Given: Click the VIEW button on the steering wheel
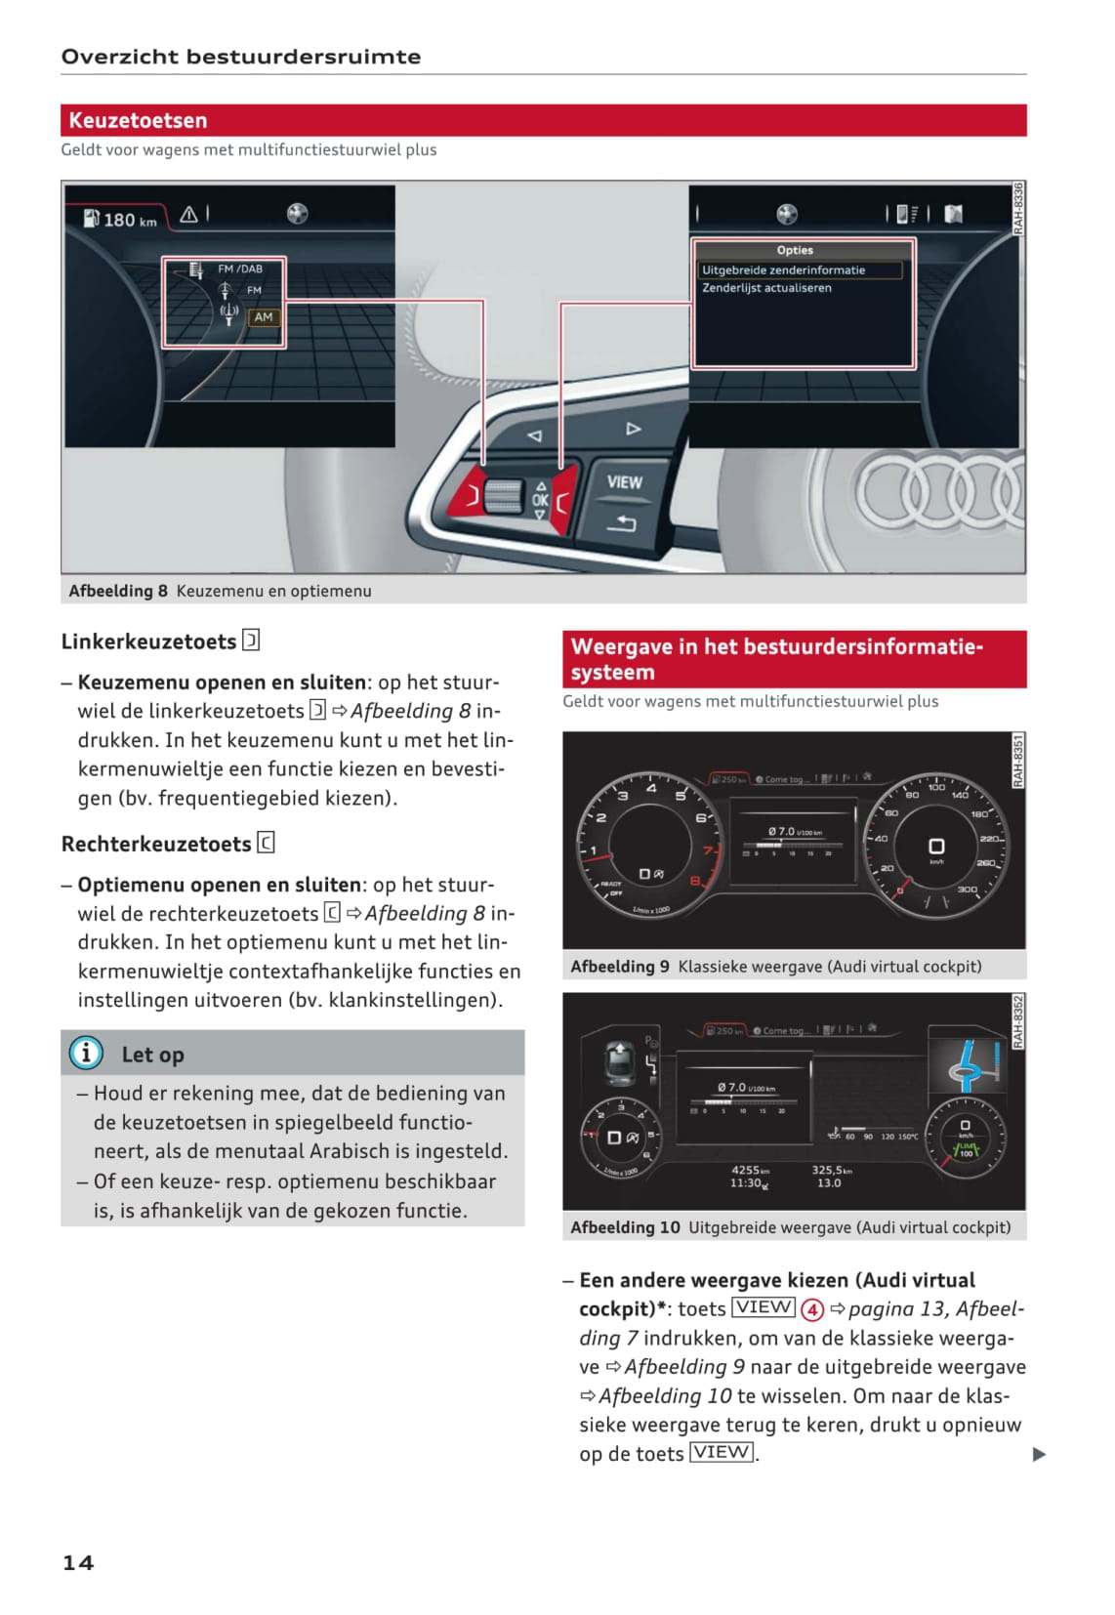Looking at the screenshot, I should coord(624,482).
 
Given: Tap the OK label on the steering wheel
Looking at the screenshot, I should coord(540,500).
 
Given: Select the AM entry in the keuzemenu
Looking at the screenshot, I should coord(263,317).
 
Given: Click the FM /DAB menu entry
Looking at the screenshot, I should coord(239,269).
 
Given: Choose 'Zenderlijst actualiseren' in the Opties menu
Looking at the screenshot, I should coord(766,288).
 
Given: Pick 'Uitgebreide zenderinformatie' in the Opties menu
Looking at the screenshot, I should coord(783,270).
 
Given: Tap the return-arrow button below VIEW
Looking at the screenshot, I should coord(621,524).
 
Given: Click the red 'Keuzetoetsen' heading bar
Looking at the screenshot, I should coord(543,120).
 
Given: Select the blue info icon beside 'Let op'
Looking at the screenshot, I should coord(86,1053).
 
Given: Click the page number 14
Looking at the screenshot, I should coord(78,1562).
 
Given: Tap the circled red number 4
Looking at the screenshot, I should coord(812,1309).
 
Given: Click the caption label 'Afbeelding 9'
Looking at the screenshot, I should coord(619,966).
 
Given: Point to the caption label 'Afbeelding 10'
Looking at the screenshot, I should coord(625,1227).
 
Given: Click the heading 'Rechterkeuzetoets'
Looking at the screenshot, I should coord(156,844).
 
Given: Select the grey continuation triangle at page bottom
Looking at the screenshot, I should coord(1039,1454).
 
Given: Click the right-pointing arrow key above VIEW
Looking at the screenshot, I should coord(633,429).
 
